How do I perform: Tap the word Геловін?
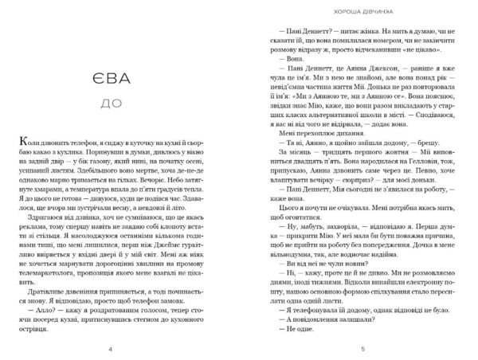pyautogui.click(x=430, y=158)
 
